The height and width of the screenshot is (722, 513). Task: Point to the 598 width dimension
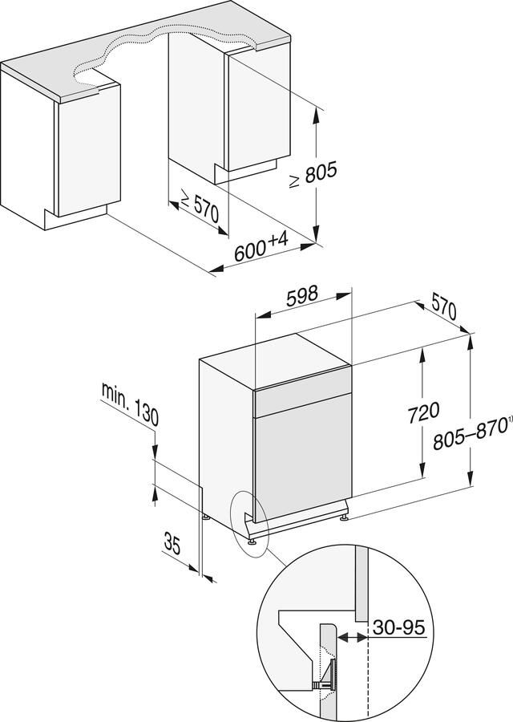coord(302,294)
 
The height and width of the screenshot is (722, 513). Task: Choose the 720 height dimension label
coord(423,412)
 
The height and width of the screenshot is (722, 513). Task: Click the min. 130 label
coord(130,404)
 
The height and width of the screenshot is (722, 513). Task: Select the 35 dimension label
coord(172,545)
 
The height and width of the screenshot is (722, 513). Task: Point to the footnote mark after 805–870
coord(508,420)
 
